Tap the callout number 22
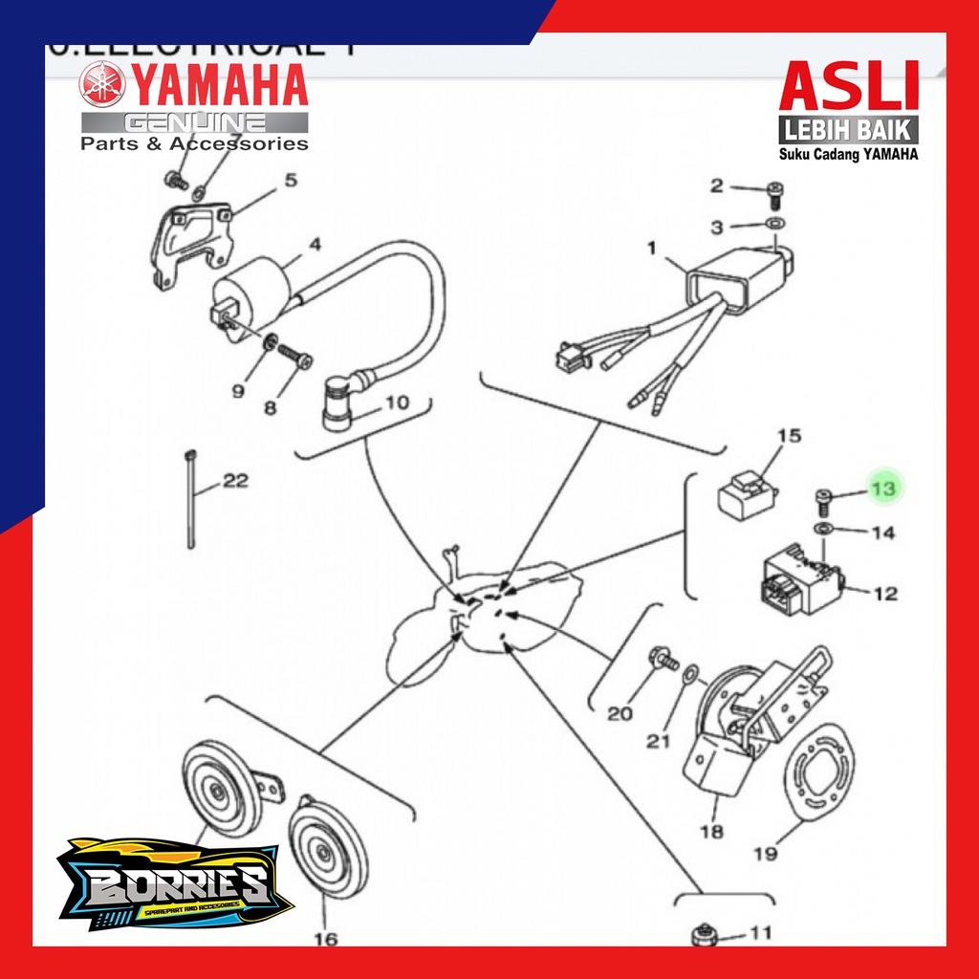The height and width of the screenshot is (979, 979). (x=234, y=481)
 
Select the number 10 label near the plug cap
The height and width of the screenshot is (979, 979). (x=395, y=402)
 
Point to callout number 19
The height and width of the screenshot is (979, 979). (x=765, y=854)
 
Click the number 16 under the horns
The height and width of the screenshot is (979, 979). (x=326, y=939)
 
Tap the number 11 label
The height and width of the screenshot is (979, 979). (x=760, y=931)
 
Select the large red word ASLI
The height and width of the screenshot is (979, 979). (x=849, y=87)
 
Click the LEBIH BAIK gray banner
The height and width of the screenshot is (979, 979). (x=849, y=129)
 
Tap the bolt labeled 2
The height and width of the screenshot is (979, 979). (x=774, y=198)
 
